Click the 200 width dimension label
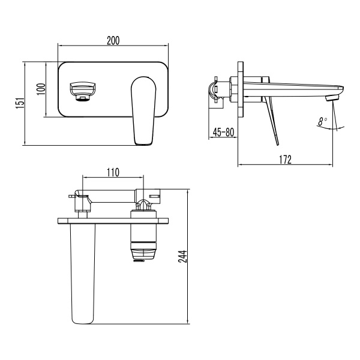(113, 40)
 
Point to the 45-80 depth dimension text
(223, 131)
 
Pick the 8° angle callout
(323, 121)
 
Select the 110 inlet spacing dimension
(112, 172)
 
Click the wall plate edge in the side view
(241, 90)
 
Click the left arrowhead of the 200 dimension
(60, 46)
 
